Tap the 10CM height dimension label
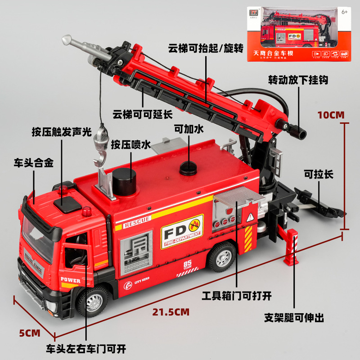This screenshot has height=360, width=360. click(x=331, y=115)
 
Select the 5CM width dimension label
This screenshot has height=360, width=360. click(x=30, y=333)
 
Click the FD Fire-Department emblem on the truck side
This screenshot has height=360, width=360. click(x=182, y=232)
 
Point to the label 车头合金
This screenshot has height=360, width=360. click(x=34, y=163)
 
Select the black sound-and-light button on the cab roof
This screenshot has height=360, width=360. click(x=66, y=204)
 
